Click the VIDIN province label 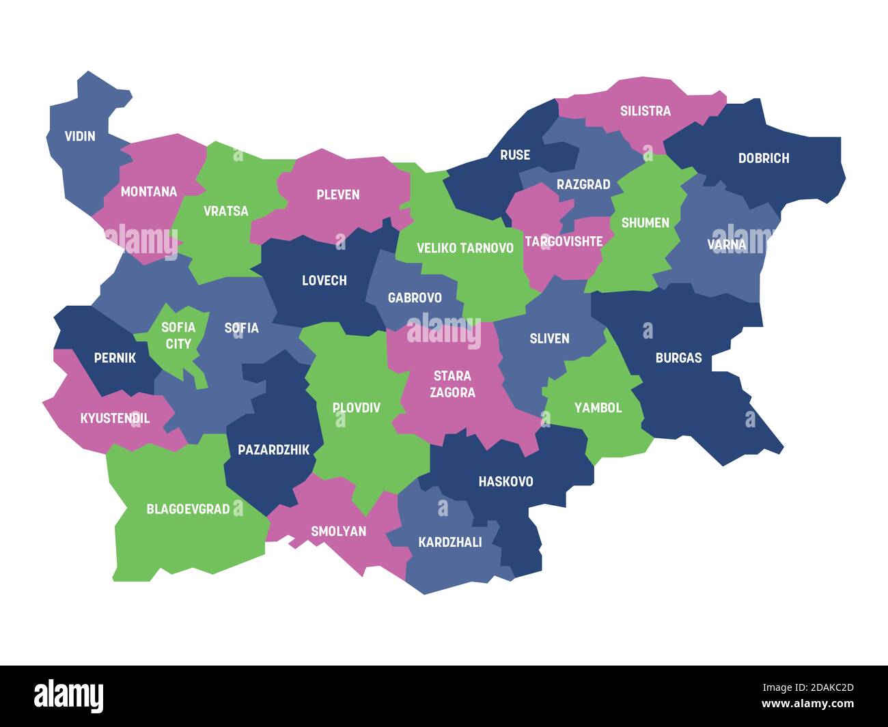point(80,136)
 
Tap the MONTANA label point(148,192)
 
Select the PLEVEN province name point(337,195)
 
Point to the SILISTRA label point(645,111)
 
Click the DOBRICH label point(763,158)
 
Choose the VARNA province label point(726,244)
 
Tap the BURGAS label point(678,358)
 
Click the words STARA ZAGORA point(452,384)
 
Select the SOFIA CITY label point(178,335)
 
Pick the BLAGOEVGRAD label point(188,509)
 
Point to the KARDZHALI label point(449,542)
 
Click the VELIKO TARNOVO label point(464,248)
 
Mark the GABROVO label point(414,298)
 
